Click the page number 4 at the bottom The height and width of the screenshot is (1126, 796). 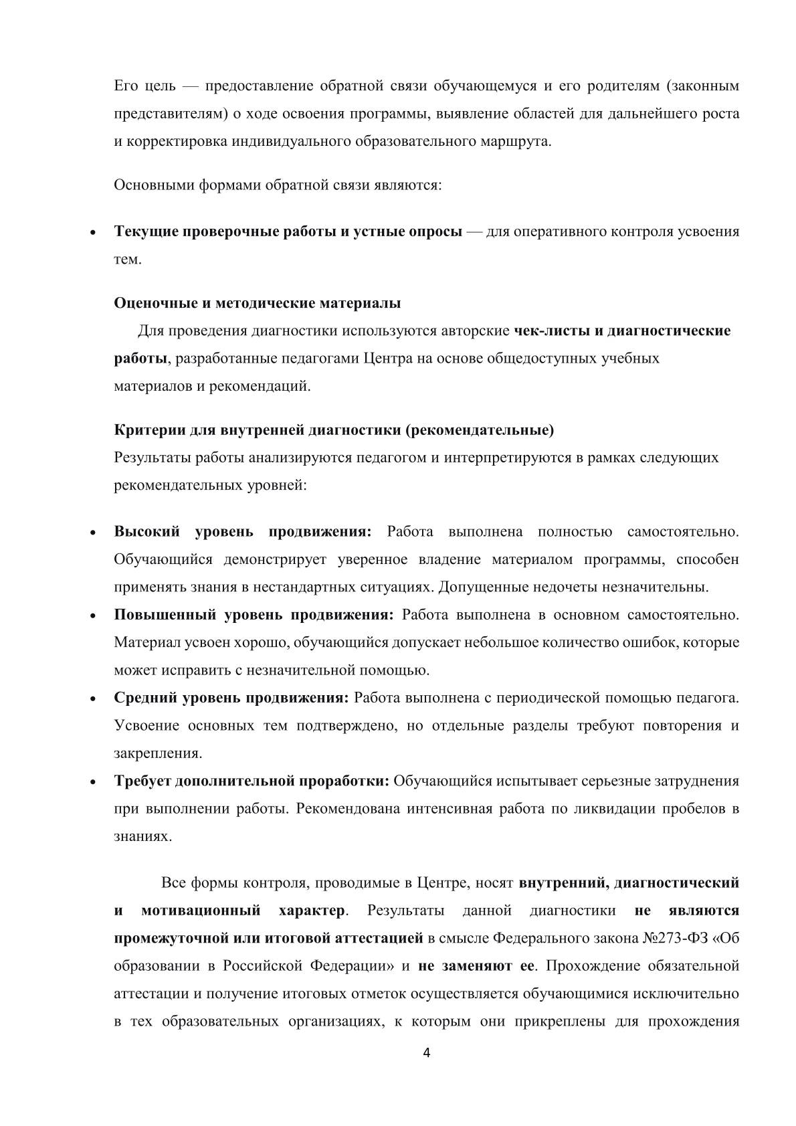[427, 1054]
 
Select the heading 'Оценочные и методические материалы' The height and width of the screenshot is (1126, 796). [258, 303]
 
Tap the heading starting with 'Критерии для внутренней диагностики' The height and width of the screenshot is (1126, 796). [334, 430]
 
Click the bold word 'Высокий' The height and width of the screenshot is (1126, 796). [147, 532]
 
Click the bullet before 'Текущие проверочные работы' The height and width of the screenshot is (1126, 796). [94, 233]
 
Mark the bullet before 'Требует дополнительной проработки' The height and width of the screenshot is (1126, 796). [94, 782]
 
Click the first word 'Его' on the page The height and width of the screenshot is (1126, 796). [126, 86]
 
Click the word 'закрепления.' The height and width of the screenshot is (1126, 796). [158, 753]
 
